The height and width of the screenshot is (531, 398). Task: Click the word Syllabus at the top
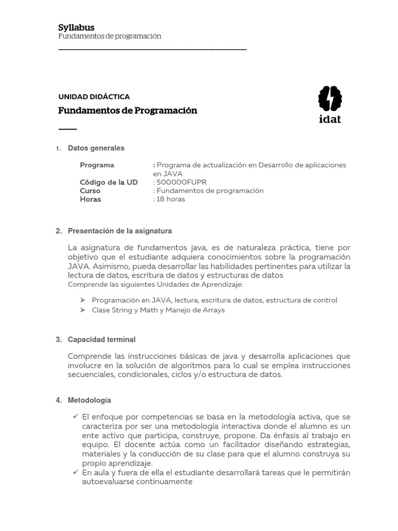tap(76, 27)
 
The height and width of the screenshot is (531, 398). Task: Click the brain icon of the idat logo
tap(330, 99)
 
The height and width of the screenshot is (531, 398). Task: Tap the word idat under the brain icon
tap(330, 119)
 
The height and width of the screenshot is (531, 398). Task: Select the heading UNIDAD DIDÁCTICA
tap(94, 97)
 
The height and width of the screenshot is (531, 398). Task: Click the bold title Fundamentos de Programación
tap(127, 110)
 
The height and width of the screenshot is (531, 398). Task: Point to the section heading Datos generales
tap(96, 148)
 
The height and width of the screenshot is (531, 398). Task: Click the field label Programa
tap(97, 165)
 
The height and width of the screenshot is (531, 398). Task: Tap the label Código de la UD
tap(109, 183)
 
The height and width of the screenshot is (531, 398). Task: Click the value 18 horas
tap(170, 199)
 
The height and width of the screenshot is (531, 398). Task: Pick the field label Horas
tap(90, 199)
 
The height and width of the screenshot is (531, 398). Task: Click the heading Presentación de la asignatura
tap(120, 231)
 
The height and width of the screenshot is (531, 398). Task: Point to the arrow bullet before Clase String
tap(82, 310)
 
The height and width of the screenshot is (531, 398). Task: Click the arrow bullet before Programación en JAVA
tap(82, 300)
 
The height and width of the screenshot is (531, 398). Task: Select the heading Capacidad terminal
tap(102, 340)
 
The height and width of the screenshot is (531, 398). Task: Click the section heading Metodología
tap(89, 400)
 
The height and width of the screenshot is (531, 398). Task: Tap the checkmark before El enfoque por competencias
tap(76, 416)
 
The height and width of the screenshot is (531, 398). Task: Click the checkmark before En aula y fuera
tap(76, 472)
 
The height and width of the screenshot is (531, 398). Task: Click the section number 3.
tap(58, 340)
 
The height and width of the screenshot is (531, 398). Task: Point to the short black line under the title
tap(67, 129)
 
